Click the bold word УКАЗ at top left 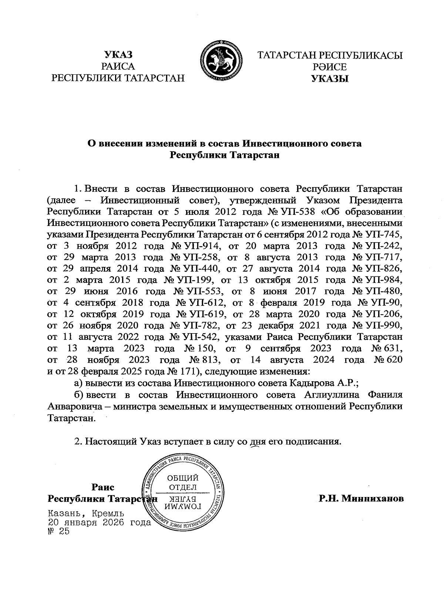tap(118, 55)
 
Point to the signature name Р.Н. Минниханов tap(361, 499)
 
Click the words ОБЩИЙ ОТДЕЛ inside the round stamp tap(183, 481)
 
